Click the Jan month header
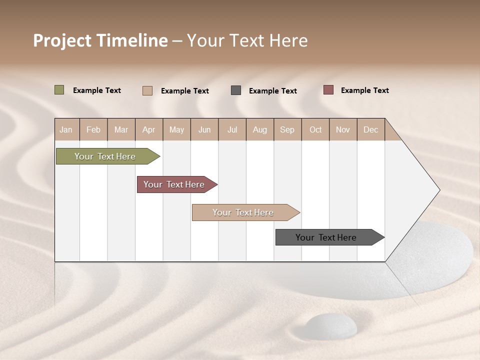66,129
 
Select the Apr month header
149,129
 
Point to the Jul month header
232,129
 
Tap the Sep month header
287,129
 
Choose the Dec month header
370,129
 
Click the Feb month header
93,129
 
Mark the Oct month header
315,129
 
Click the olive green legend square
59,90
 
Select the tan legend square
147,90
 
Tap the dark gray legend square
236,90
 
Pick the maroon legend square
328,90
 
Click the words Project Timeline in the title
100,40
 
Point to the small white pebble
331,325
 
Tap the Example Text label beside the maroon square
364,90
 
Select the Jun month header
204,129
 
